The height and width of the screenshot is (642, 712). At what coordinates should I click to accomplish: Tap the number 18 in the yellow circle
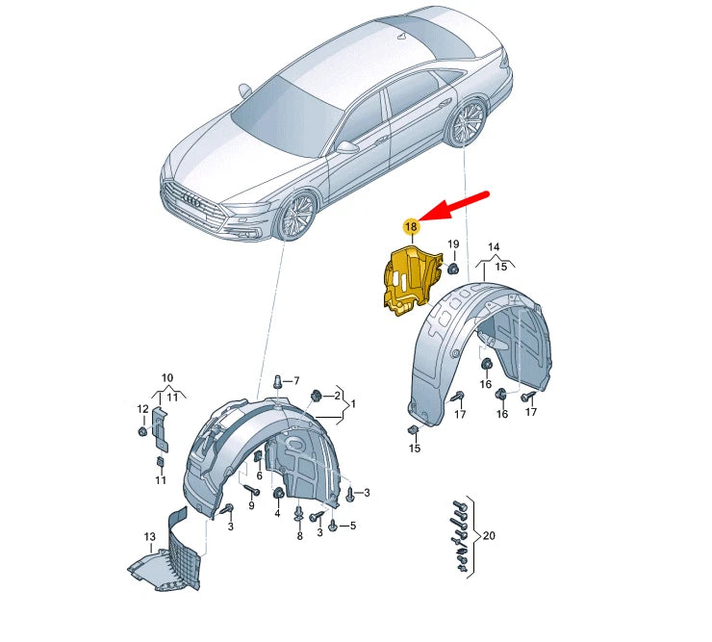411,227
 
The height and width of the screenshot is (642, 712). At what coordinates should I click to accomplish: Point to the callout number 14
495,247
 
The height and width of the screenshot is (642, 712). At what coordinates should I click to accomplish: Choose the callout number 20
488,535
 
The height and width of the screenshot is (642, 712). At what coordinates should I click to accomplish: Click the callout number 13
149,536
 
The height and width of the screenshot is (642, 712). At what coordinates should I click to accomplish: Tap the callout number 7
296,380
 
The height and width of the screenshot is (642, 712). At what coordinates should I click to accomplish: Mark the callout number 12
142,409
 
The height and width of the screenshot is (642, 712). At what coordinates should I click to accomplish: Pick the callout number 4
277,513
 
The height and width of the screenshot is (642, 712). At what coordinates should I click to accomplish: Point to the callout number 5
352,526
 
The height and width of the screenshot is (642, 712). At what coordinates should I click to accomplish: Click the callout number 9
251,505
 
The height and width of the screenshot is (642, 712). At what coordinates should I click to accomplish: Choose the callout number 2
338,396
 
